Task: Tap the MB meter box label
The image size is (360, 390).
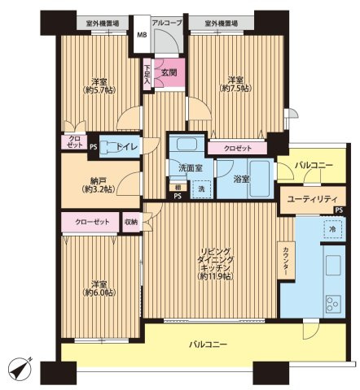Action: (142, 35)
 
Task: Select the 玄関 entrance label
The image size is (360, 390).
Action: (169, 72)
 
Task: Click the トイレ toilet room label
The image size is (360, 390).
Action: (128, 147)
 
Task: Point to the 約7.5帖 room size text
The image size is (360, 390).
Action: (235, 89)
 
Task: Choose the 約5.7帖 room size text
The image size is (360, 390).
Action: (99, 89)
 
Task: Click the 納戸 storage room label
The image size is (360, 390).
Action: (99, 180)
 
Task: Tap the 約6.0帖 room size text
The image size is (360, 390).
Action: (99, 292)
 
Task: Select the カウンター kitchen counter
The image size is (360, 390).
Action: (286, 261)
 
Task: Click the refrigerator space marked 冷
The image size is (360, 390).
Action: (332, 229)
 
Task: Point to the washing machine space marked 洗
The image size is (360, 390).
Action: (201, 189)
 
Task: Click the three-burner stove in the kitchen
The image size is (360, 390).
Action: (333, 304)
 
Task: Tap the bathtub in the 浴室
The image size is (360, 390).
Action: (259, 179)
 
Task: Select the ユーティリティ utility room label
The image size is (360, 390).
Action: (312, 200)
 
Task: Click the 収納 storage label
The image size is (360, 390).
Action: (131, 222)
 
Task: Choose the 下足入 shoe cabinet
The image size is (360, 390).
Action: (147, 74)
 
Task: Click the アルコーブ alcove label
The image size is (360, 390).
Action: (167, 23)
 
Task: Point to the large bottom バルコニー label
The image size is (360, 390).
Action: (208, 344)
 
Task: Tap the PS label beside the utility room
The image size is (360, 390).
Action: (339, 210)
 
